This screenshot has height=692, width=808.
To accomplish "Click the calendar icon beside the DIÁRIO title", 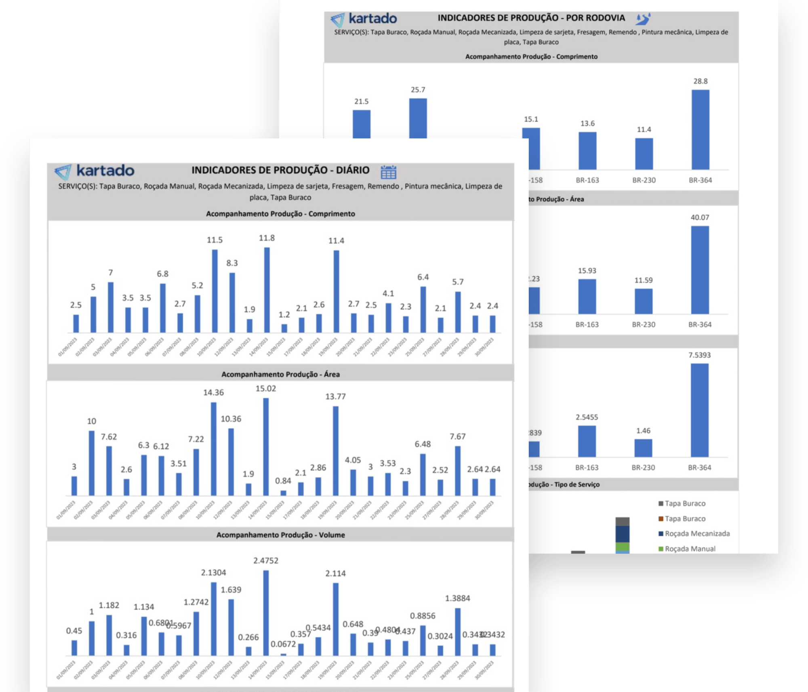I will click(x=388, y=172).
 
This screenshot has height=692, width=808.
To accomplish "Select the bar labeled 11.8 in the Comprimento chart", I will click(x=267, y=290).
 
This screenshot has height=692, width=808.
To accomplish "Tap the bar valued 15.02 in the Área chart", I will click(x=266, y=447).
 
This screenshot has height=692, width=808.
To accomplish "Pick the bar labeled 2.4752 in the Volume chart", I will click(x=266, y=613).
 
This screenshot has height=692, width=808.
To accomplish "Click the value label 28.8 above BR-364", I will click(x=700, y=81).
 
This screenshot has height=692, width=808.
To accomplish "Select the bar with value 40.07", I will click(x=700, y=270).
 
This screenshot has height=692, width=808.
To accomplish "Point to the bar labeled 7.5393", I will click(x=699, y=410).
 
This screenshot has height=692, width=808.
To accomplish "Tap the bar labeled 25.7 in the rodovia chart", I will click(x=418, y=118).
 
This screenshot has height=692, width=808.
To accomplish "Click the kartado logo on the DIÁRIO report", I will click(x=95, y=171).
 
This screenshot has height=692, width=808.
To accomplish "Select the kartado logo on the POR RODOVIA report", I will click(x=364, y=19).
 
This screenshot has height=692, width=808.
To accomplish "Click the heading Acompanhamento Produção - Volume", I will click(x=280, y=535).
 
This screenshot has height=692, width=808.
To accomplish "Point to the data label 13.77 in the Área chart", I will click(x=335, y=397).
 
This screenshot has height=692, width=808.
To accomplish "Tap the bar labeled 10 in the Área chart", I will click(x=92, y=463).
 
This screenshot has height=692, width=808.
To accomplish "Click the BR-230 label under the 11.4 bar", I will click(x=644, y=180).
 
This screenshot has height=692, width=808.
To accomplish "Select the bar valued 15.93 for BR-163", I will click(x=587, y=297).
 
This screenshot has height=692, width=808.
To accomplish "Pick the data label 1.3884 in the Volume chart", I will click(x=457, y=598).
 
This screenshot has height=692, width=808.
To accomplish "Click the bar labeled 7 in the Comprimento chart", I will click(x=111, y=307).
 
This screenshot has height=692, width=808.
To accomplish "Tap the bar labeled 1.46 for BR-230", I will click(x=643, y=448).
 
